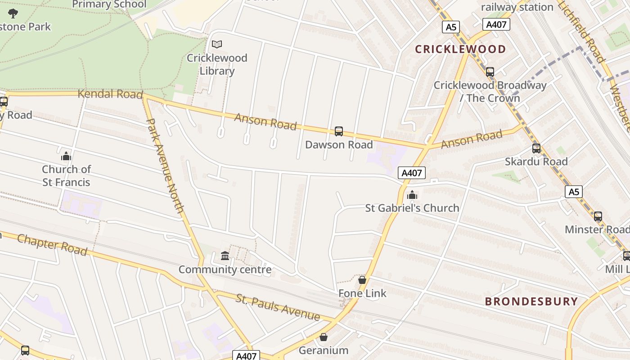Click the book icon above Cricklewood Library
tap(217, 44)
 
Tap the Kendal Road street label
tap(110, 94)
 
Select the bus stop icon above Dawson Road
tap(339, 131)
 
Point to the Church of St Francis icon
tap(66, 156)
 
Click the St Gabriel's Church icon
tap(412, 195)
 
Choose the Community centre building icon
tap(225, 256)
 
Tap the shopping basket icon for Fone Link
tap(362, 280)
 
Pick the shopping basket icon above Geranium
tap(323, 337)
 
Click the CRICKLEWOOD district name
tap(460, 49)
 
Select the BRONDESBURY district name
tap(531, 301)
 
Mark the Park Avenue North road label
tap(165, 165)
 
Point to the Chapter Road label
tap(52, 244)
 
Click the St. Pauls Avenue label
tap(278, 307)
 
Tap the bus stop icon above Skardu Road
tap(536, 148)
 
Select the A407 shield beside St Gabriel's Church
tap(411, 173)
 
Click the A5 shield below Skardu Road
tap(574, 192)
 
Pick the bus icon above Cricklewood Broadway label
tap(490, 72)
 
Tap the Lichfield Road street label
tap(581, 31)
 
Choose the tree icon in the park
tap(13, 13)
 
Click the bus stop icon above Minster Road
tap(598, 216)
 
